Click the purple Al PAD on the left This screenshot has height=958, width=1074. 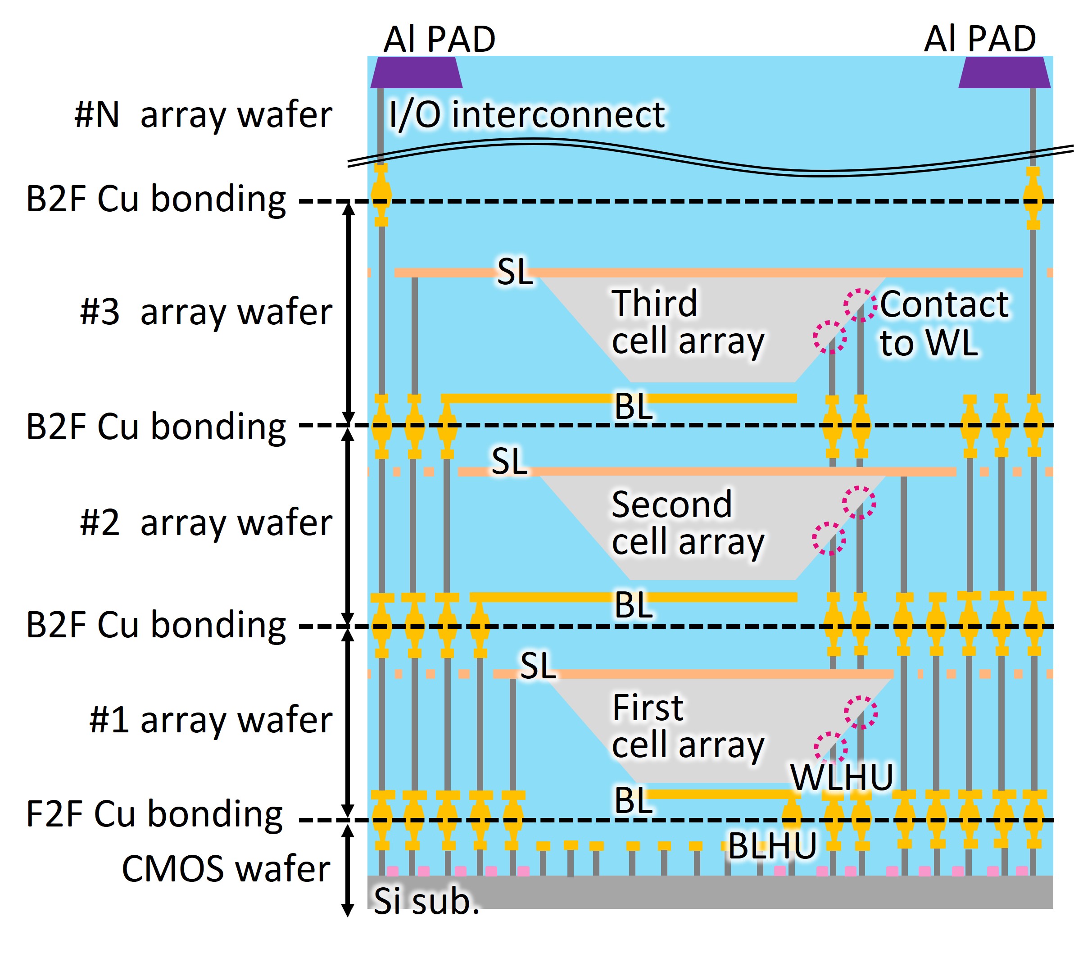coord(416,73)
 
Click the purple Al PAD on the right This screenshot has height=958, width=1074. coord(1004,73)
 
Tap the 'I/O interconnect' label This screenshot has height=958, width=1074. coord(527,114)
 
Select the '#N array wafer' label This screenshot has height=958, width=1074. coord(203,114)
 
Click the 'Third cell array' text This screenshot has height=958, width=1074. coord(687,322)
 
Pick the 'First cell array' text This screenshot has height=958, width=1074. coord(687,726)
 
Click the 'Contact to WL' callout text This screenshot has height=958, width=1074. coord(943,323)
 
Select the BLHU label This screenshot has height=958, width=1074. coord(772,846)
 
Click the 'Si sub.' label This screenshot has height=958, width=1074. coord(426,901)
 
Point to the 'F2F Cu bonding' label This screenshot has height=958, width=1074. coord(154,814)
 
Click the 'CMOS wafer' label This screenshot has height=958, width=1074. coord(226,868)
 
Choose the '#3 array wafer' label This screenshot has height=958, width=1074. coord(206,312)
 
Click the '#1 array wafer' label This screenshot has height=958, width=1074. coord(210,720)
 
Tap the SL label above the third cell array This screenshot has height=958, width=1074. coord(515,272)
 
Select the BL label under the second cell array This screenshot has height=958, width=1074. coord(634,605)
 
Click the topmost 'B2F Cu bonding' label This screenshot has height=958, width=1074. coord(156,199)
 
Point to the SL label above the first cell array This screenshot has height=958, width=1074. coord(538,666)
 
